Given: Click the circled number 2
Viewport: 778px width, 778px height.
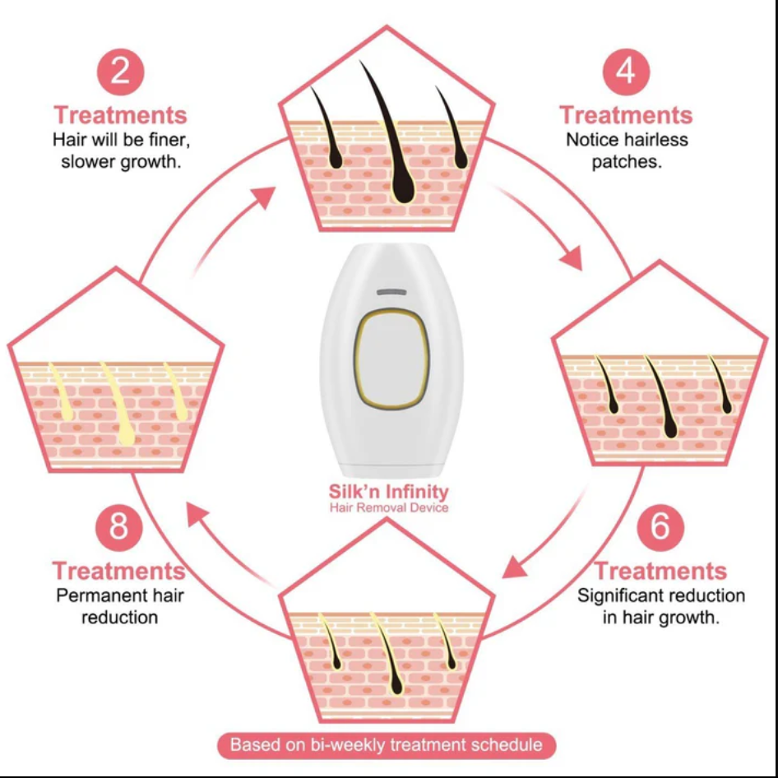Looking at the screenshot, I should pyautogui.click(x=120, y=72).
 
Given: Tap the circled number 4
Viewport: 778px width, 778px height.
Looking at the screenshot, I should pyautogui.click(x=626, y=72).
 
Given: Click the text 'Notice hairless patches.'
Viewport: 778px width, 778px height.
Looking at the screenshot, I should pyautogui.click(x=627, y=151).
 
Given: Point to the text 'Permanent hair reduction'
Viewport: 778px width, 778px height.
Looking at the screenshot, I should pyautogui.click(x=119, y=605).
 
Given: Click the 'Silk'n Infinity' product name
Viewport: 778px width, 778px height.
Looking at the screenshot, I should pyautogui.click(x=389, y=492).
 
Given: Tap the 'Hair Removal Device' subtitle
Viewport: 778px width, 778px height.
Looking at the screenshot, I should pyautogui.click(x=389, y=507).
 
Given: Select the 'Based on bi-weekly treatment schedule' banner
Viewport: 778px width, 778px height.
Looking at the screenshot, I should pyautogui.click(x=387, y=745).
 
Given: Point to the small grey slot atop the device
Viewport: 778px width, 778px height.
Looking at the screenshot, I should pyautogui.click(x=392, y=292).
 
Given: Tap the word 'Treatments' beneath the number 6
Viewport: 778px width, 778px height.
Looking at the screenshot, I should pyautogui.click(x=660, y=570).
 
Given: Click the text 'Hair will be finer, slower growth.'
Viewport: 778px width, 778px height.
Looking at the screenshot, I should pyautogui.click(x=120, y=151).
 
